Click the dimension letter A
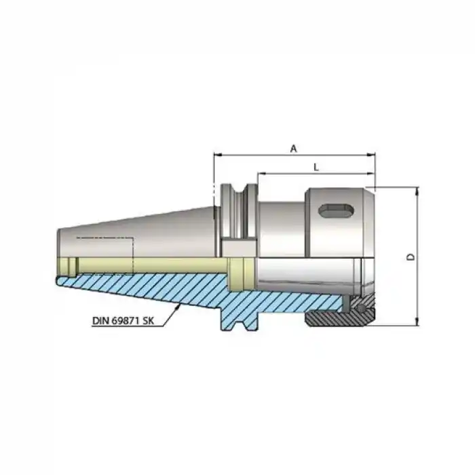[293, 148]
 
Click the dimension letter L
[317, 166]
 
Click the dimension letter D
[410, 257]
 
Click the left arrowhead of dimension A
[216, 155]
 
